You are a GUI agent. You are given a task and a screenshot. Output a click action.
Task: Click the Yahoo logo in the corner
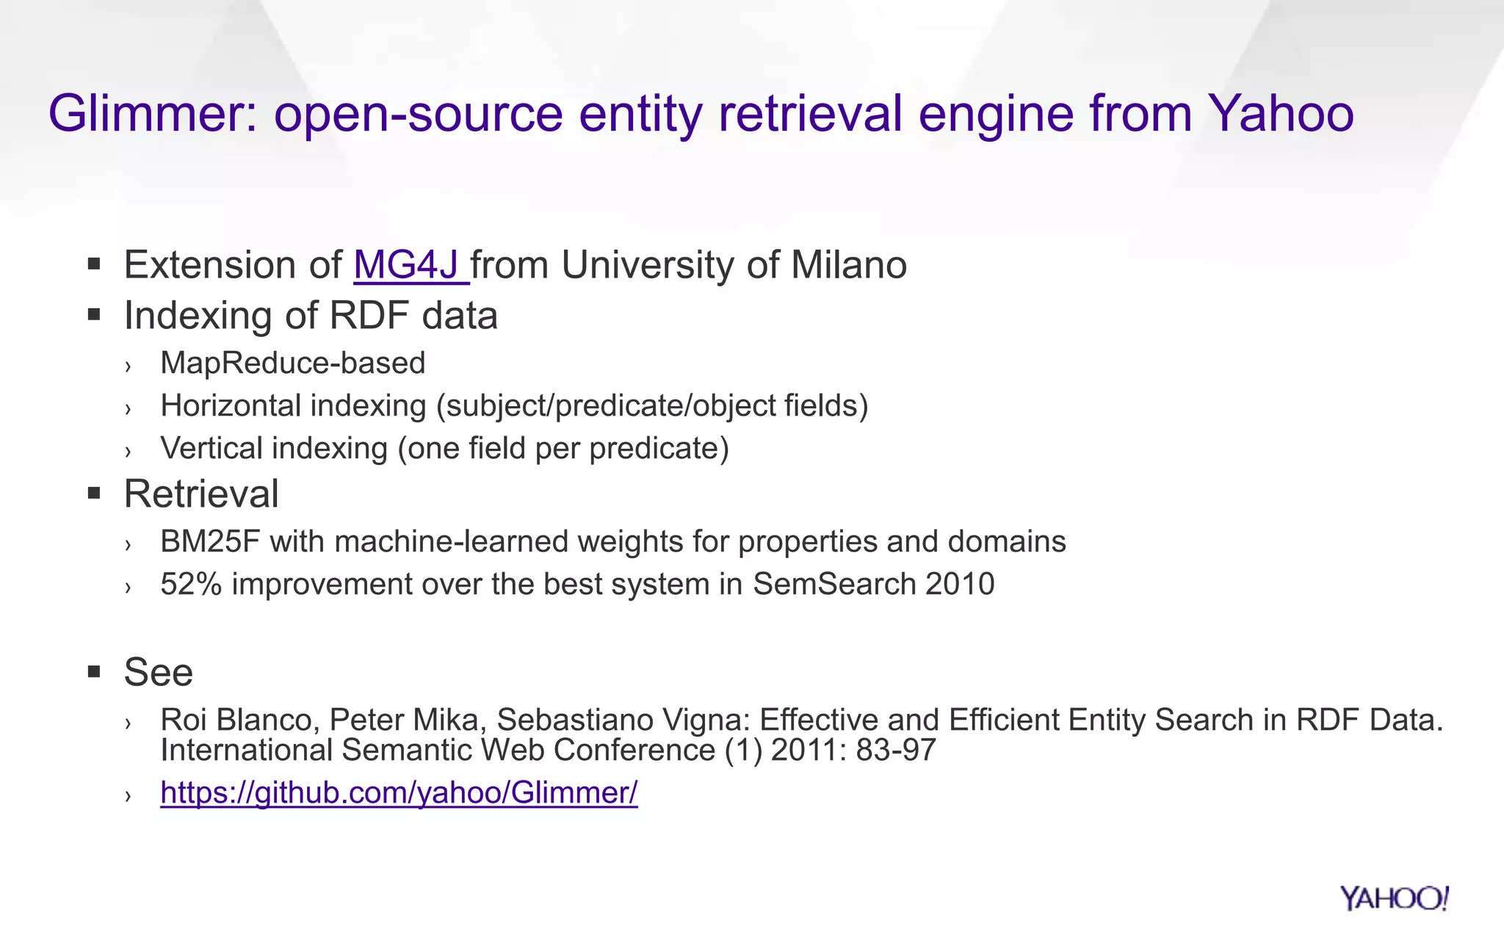click(1393, 898)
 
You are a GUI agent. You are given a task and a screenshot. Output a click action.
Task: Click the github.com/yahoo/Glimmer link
click(399, 793)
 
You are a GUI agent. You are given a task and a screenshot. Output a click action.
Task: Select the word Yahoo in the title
click(1281, 114)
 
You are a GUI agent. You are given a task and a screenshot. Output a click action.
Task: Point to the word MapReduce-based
click(293, 364)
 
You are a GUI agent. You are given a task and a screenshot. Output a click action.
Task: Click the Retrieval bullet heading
click(201, 493)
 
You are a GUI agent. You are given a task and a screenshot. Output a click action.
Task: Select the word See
click(159, 672)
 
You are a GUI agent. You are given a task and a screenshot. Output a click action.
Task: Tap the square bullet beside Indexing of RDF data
click(93, 316)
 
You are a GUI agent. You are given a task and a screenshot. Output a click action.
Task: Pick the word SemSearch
click(834, 585)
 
